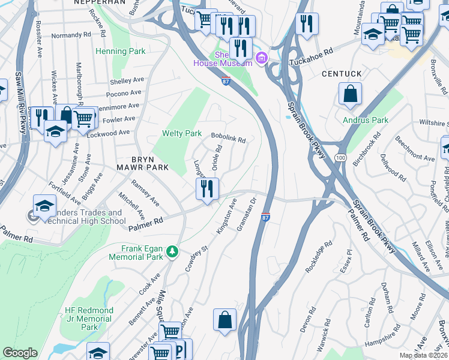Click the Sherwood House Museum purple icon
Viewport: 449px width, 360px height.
[x=261, y=58]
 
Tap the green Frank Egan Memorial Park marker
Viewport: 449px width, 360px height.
[x=172, y=250]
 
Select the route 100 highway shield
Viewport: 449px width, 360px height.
[x=340, y=157]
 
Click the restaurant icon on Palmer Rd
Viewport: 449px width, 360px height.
[x=206, y=190]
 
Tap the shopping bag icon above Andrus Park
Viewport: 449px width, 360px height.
[x=350, y=94]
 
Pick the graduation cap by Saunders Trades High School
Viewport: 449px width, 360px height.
[x=44, y=206]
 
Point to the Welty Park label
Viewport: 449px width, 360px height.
[x=182, y=133]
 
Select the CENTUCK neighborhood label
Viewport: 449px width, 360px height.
[x=342, y=74]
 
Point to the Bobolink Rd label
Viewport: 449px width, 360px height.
[x=228, y=140]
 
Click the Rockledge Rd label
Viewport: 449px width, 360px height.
[x=318, y=257]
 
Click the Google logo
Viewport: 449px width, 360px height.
[x=20, y=353]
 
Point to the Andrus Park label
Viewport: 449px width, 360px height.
[x=366, y=120]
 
